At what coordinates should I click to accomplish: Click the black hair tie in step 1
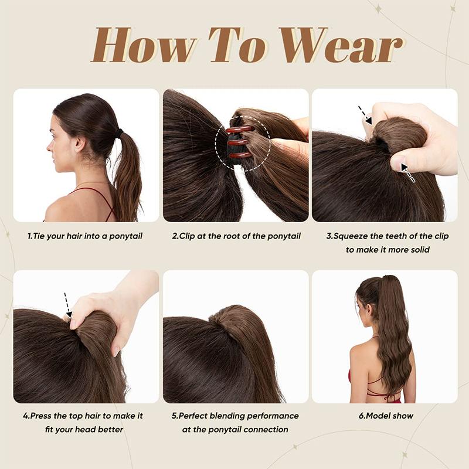pos(119,134)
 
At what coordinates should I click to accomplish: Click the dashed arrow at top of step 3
pos(365,115)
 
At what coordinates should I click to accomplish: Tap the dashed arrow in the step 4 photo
pos(66,304)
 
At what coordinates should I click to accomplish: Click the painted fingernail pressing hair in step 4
pos(74,323)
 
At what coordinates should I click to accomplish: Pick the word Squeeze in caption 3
pos(353,236)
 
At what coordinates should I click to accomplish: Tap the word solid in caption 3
pos(417,250)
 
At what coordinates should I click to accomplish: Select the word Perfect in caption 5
pos(194,416)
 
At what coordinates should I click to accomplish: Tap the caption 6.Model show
pos(385,416)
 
